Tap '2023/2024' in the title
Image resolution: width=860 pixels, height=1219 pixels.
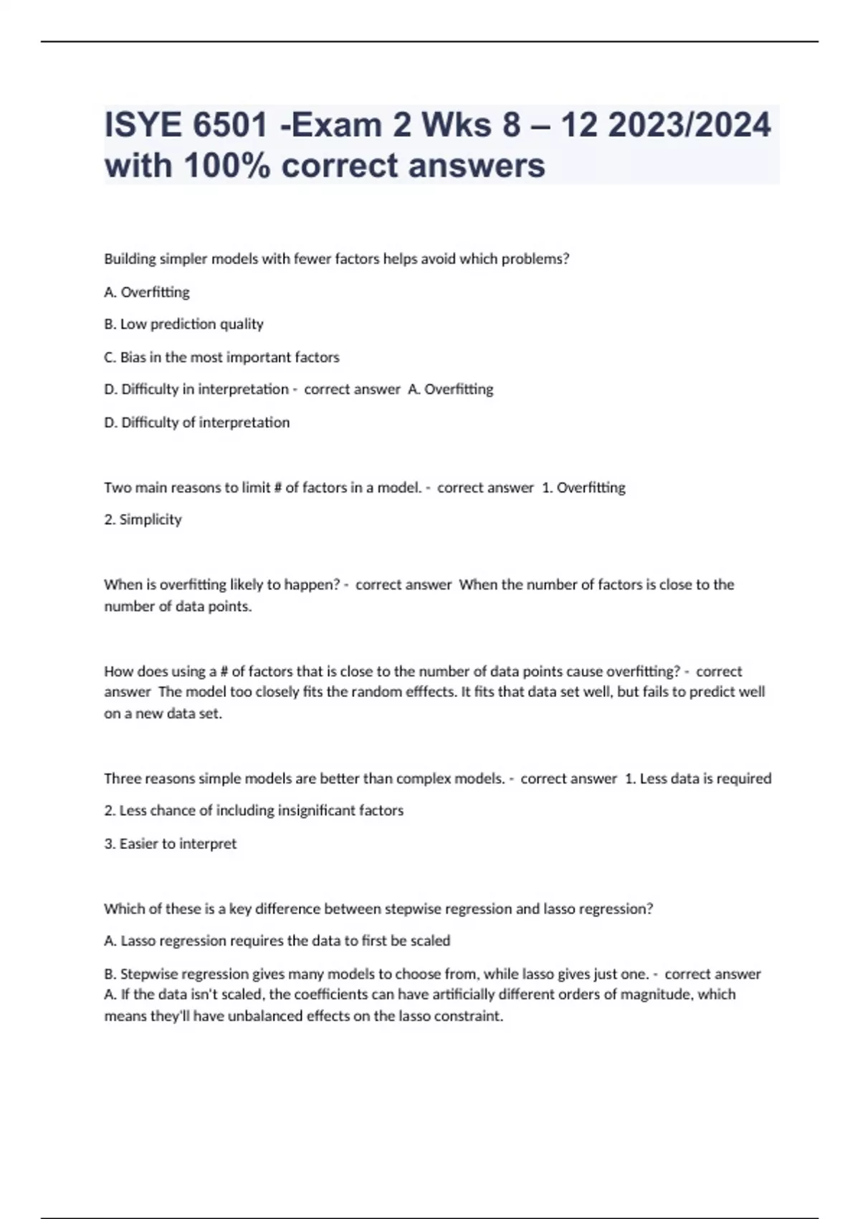coord(689,125)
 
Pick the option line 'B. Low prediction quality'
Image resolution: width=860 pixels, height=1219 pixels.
coord(183,324)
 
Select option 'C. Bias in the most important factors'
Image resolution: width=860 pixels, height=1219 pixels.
coord(221,357)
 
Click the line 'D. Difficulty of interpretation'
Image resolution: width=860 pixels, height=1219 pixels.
coord(196,422)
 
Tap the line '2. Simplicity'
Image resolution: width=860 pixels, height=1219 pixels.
coord(143,519)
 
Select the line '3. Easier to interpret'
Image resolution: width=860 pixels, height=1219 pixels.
coord(170,843)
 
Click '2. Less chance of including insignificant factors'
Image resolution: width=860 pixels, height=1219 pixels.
coord(254,810)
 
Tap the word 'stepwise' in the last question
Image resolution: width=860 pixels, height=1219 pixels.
coord(413,909)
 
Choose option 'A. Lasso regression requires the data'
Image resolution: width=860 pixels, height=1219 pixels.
coord(277,941)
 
